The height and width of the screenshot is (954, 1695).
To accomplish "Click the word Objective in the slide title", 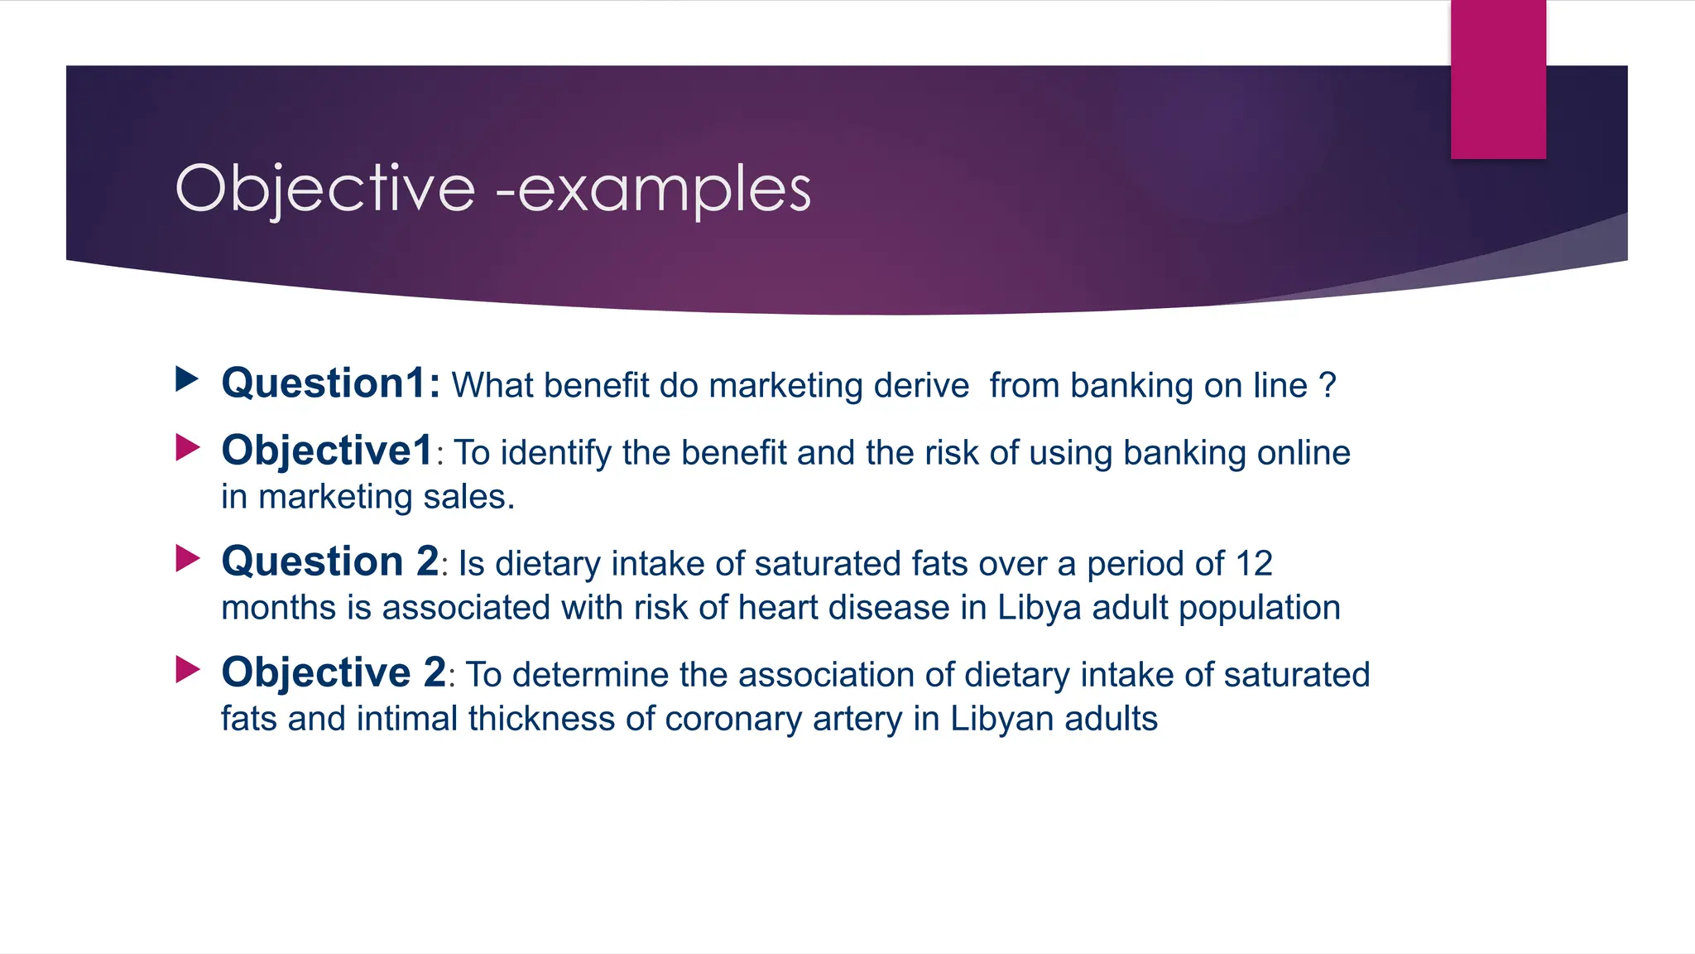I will tap(325, 189).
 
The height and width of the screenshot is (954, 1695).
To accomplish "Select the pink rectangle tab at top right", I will tap(1498, 79).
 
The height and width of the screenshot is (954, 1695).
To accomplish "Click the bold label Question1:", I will tap(331, 383).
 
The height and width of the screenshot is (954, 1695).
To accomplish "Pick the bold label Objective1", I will tap(328, 451).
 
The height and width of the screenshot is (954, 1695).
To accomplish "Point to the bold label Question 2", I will tap(330, 561).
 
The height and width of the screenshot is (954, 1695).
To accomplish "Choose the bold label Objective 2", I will tap(334, 672).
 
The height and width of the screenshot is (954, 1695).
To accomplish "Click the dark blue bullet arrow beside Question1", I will tap(187, 379).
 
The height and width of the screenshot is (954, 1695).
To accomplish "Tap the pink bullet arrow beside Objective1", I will tap(187, 448).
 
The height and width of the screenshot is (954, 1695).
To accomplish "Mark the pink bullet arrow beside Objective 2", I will tap(187, 669).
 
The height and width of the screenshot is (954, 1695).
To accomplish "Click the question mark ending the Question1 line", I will tap(1328, 386).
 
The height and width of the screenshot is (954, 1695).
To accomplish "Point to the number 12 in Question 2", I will tap(1254, 564).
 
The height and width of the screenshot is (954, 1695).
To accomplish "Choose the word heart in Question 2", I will tap(777, 608).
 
